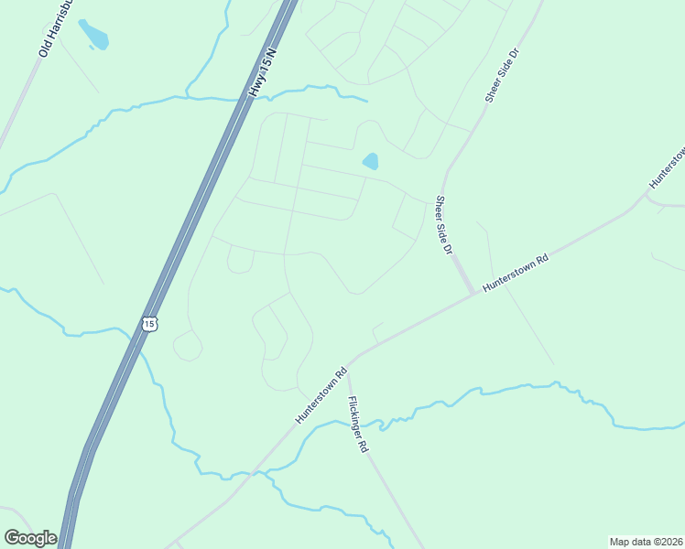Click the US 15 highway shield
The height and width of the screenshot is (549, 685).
150,323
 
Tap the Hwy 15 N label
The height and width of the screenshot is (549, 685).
262,75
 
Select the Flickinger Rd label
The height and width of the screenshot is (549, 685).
357,425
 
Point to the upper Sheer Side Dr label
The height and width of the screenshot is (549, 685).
502,76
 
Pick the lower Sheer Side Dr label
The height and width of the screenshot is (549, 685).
445,225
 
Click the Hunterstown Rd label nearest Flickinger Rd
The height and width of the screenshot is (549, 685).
321,396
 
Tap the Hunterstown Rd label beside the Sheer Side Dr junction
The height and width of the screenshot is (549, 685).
515,273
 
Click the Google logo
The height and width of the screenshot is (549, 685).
30,538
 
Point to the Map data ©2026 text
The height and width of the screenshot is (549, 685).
647,542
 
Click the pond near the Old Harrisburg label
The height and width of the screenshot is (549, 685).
93,35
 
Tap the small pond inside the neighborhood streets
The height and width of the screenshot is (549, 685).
370,162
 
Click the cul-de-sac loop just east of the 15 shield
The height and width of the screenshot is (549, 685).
187,346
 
